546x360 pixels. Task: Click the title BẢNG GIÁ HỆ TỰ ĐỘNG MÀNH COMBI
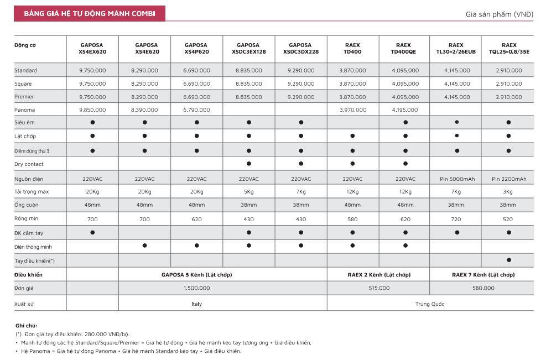90,14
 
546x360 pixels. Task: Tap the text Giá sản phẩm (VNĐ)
500,14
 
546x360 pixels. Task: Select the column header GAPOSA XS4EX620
92,49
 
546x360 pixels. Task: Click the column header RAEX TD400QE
404,49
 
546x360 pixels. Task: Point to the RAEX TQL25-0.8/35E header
509,49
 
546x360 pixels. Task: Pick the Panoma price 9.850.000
92,110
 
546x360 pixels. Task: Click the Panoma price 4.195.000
405,110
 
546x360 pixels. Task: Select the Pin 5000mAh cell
457,179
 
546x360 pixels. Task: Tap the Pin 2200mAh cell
509,179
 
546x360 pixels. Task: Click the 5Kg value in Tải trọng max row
248,192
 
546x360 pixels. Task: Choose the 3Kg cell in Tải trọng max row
508,192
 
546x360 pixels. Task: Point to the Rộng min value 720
456,220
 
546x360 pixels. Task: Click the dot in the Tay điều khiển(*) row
509,260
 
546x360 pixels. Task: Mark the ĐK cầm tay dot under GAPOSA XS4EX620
92,233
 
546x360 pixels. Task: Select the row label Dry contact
29,164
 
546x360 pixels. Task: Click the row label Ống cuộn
27,205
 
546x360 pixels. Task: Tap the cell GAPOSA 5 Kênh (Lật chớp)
197,275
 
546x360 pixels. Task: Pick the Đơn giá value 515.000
379,288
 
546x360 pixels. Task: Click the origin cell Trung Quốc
430,304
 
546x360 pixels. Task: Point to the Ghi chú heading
26,326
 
